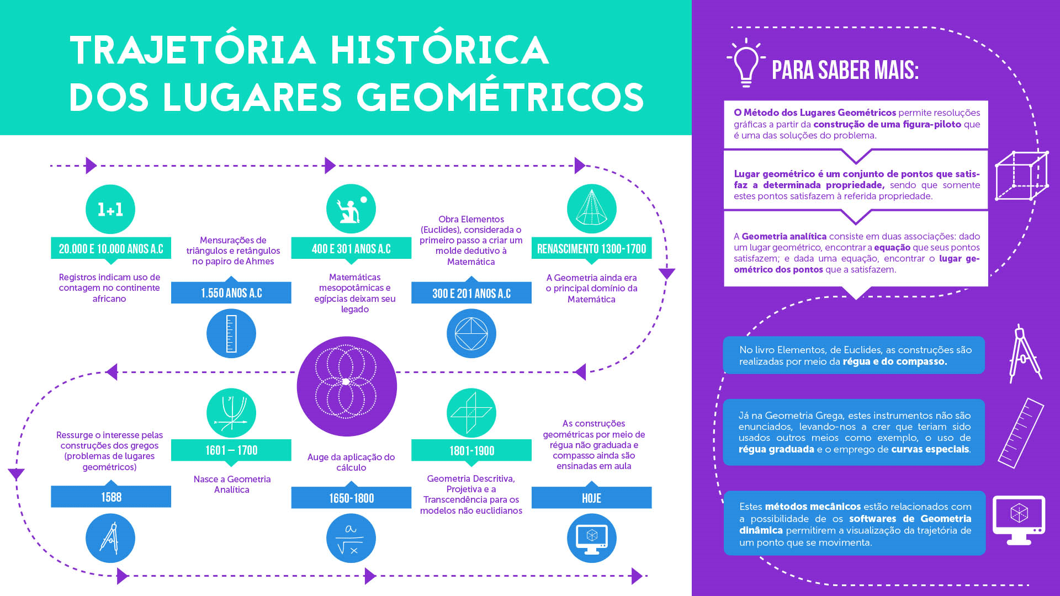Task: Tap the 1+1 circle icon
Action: [110, 209]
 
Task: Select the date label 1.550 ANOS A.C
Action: [231, 292]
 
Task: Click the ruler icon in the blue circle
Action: [231, 333]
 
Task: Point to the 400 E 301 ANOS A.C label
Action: [351, 248]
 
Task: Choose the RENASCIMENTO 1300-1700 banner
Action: [591, 248]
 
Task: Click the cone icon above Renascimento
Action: [592, 209]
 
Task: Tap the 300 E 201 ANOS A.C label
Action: [471, 293]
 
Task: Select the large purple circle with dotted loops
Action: [347, 386]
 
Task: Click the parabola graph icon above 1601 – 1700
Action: [231, 413]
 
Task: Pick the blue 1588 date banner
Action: [111, 497]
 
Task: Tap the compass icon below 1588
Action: [110, 538]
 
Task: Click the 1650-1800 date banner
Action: [351, 498]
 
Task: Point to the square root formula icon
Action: [351, 538]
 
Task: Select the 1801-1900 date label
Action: [471, 450]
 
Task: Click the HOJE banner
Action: [591, 498]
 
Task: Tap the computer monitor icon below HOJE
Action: [592, 538]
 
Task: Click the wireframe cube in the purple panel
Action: [1021, 175]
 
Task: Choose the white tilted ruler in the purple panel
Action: [1021, 433]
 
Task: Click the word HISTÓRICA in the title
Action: [439, 50]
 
